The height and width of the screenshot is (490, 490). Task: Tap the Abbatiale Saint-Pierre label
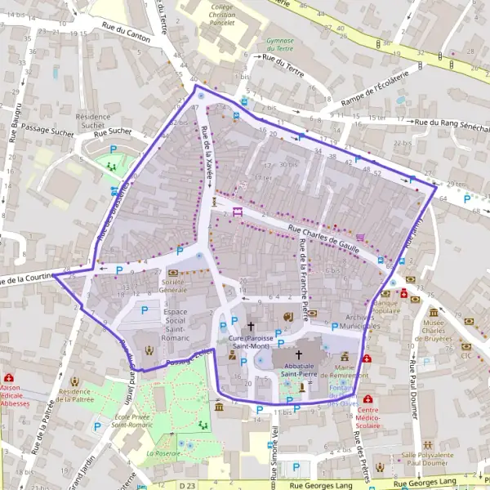tap(298, 368)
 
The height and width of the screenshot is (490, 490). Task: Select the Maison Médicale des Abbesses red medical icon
tap(9, 379)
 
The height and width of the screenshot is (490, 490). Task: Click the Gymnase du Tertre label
tap(280, 44)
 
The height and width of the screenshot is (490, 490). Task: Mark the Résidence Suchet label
tap(91, 121)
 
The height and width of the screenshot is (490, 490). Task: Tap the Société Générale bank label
tap(173, 285)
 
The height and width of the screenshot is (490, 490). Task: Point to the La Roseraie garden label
tap(163, 452)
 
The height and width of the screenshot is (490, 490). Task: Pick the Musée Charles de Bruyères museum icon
tap(433, 312)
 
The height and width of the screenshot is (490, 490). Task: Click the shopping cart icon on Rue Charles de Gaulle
tap(360, 237)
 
